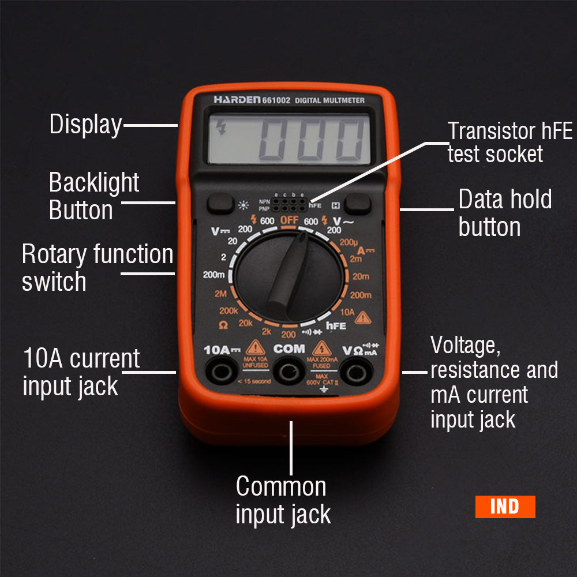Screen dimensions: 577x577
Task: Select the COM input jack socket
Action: (x=288, y=372)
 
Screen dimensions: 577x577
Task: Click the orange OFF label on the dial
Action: (x=289, y=221)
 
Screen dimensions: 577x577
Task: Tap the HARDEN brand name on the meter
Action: (x=237, y=100)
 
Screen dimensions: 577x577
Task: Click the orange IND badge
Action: (x=505, y=507)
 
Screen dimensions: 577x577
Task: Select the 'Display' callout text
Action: (x=85, y=125)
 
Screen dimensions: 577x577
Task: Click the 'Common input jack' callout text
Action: (x=283, y=500)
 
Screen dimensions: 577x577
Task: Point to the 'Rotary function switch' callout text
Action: (x=97, y=268)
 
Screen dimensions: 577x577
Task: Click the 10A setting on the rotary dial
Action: (x=347, y=312)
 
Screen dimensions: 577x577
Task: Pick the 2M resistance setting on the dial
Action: (x=220, y=294)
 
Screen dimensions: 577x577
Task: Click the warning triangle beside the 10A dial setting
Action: (x=362, y=317)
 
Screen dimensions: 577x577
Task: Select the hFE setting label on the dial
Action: (x=336, y=326)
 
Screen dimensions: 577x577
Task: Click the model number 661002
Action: (x=276, y=100)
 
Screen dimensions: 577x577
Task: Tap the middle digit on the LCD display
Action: (x=310, y=140)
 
